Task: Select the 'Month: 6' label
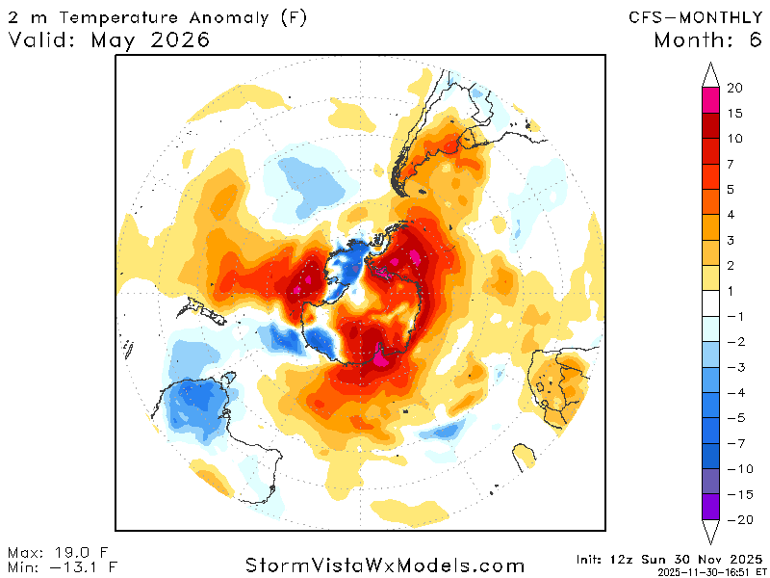pos(706,40)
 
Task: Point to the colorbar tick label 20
pos(734,89)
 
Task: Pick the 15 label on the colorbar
pos(734,114)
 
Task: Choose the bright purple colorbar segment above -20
pos(711,507)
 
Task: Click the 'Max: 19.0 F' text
pos(59,552)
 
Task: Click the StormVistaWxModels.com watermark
pos(385,565)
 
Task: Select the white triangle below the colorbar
pos(711,533)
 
